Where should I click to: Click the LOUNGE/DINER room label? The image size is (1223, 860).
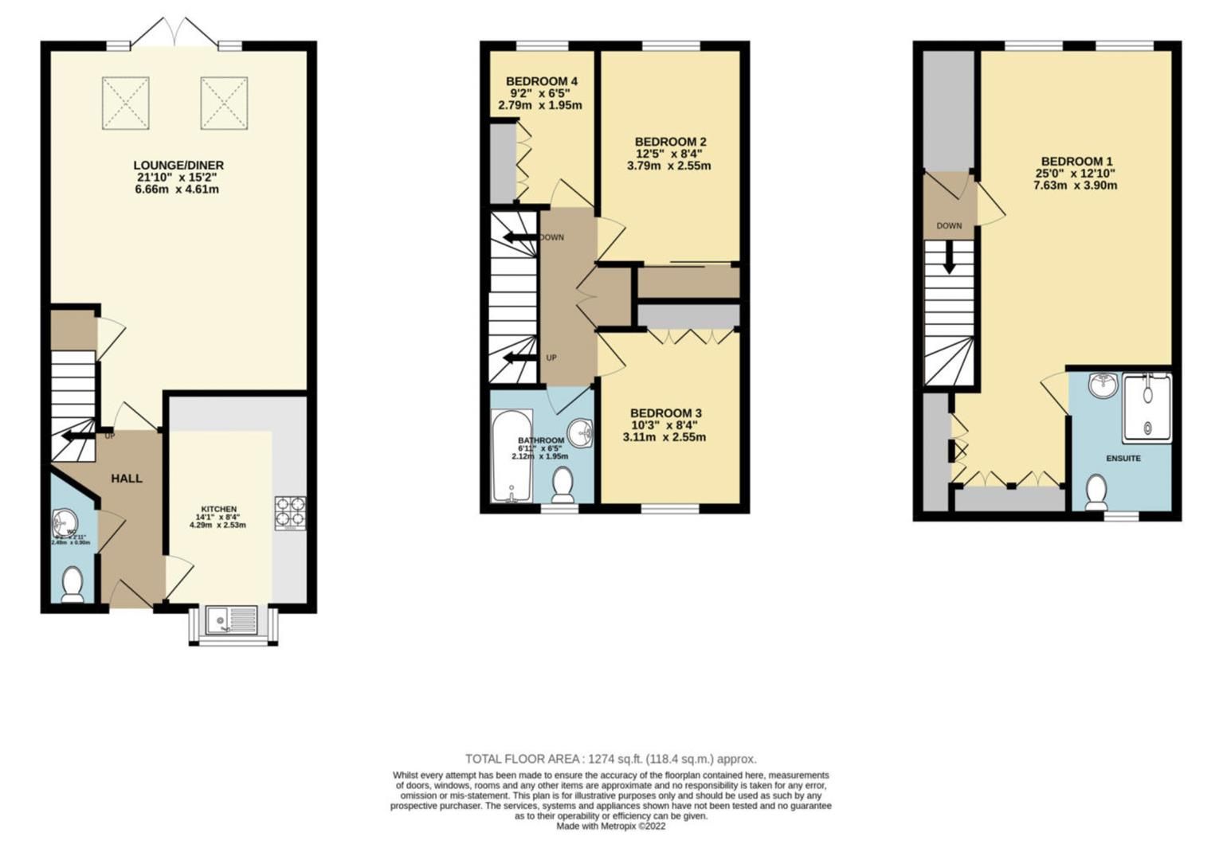click(x=178, y=166)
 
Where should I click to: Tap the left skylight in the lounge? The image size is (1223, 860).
click(x=126, y=103)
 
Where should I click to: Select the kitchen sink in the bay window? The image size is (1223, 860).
click(x=231, y=620)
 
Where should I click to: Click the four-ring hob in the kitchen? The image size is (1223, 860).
click(x=290, y=513)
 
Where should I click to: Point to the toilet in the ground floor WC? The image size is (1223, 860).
click(x=73, y=583)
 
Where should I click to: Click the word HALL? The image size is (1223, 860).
click(x=127, y=479)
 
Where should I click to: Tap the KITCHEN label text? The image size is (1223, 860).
click(x=218, y=510)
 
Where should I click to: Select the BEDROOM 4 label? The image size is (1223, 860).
click(x=541, y=81)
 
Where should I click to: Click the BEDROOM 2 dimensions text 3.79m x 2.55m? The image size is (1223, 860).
click(x=668, y=166)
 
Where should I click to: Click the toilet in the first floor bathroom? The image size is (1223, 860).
click(x=564, y=484)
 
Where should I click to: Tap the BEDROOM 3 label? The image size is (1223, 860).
click(x=665, y=413)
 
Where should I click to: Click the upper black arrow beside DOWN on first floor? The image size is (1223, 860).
click(x=517, y=237)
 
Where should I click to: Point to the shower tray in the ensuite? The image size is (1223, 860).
click(x=1147, y=408)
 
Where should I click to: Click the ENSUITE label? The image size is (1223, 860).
click(x=1123, y=459)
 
